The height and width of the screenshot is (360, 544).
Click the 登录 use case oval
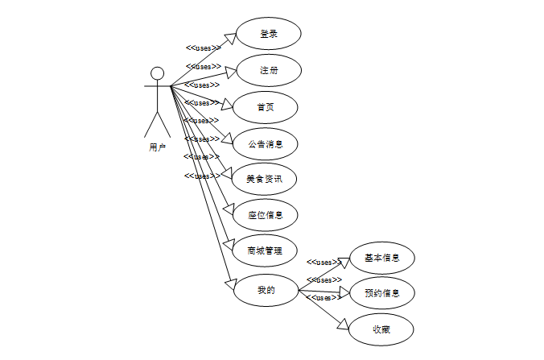pos(268,34)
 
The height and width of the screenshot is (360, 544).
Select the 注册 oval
pos(268,70)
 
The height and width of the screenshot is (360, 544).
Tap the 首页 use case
pos(266,107)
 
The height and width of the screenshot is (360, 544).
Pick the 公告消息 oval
pos(266,143)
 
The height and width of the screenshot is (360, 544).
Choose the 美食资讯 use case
pos(266,179)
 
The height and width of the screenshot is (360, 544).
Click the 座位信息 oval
pos(266,215)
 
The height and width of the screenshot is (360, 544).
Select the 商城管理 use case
pos(266,250)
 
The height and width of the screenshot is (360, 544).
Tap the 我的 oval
pos(266,290)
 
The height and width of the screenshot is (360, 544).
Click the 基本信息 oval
pos(382,259)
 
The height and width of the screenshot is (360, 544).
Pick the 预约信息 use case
pos(382,292)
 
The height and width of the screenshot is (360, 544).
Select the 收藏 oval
pos(382,329)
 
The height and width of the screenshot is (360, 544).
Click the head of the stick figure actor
pos(158,73)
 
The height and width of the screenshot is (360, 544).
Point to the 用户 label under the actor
pos(158,147)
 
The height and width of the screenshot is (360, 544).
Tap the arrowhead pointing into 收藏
pos(344,324)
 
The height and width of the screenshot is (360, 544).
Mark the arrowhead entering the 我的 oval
pos(229,283)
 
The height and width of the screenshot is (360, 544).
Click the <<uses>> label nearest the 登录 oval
pos(204,48)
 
